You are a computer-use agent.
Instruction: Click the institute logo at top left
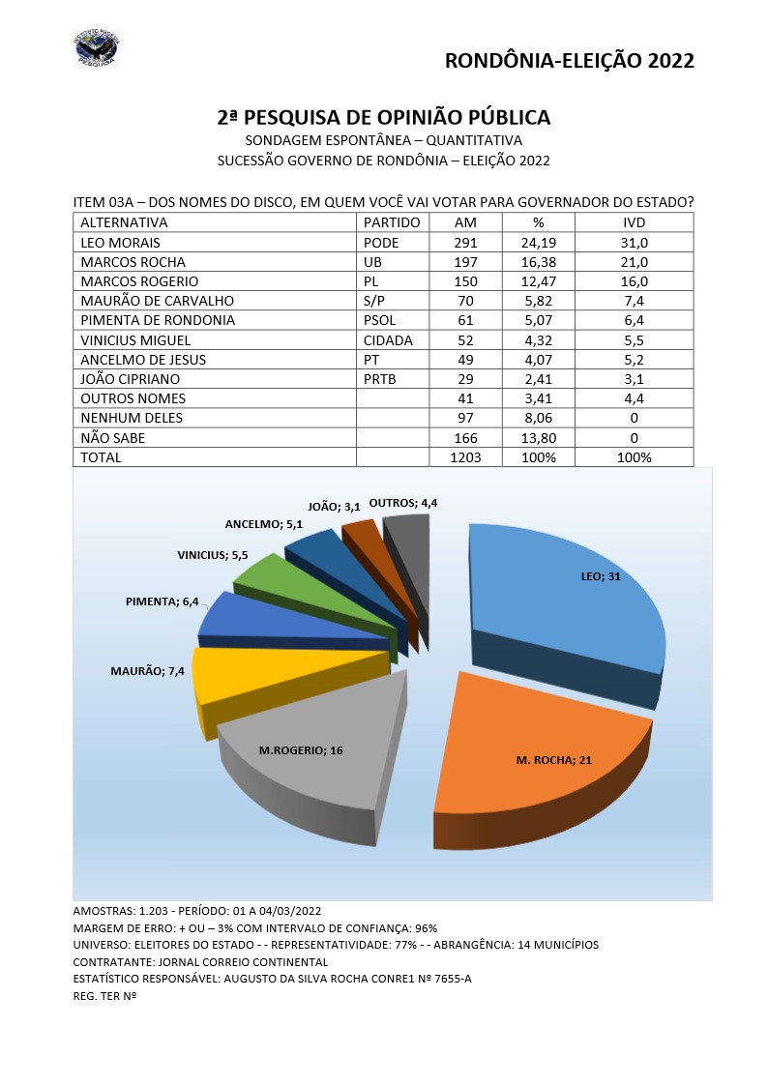coord(96,48)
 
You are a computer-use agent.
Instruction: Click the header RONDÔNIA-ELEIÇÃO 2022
coord(569,60)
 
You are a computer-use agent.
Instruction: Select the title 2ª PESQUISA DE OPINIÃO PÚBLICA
coord(384,117)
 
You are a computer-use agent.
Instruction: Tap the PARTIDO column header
coord(392,222)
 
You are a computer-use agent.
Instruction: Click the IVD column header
coord(634,222)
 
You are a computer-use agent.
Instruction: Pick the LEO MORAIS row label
coord(121,243)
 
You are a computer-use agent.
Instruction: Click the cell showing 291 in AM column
coord(464,243)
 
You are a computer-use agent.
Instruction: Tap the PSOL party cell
coord(380,320)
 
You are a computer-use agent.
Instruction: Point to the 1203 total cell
coord(464,456)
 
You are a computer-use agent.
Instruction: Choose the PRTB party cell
coord(381,379)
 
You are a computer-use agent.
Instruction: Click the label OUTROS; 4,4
coord(417,502)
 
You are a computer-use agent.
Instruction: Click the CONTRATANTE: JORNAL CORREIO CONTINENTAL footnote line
coord(200,961)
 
